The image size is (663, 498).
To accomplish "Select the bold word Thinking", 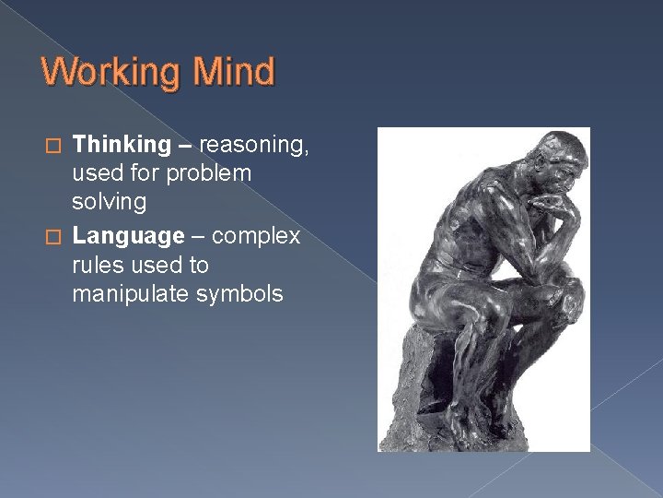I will pyautogui.click(x=122, y=145).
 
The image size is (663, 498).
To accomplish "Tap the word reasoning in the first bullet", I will pyautogui.click(x=252, y=145).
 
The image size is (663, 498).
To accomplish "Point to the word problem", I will pyautogui.click(x=211, y=173).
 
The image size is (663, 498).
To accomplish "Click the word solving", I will pyautogui.click(x=109, y=202).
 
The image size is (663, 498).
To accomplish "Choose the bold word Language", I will pyautogui.click(x=128, y=237).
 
